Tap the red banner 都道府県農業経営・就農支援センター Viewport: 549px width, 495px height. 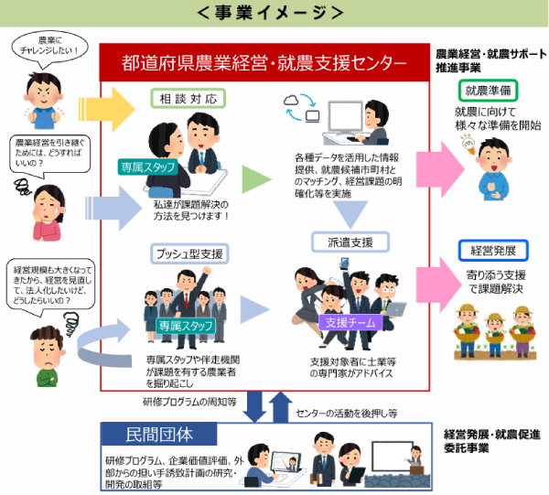tap(264, 62)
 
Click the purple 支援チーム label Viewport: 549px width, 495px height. tap(345, 322)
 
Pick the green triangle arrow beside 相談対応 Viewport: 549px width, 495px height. tap(256, 178)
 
